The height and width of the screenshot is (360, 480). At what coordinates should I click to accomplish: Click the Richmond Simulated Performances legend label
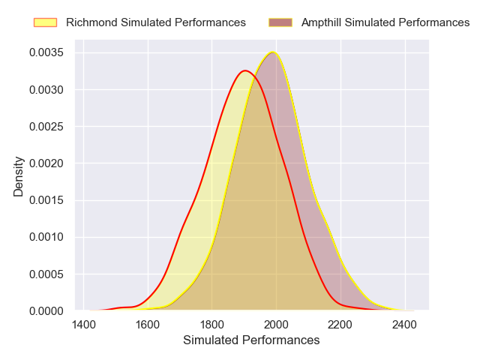click(155, 22)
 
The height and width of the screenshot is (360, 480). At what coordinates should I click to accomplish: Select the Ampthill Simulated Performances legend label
click(385, 22)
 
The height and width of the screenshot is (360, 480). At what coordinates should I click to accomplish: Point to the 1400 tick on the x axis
click(84, 325)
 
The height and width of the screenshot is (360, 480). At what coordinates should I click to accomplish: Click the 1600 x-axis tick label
click(148, 325)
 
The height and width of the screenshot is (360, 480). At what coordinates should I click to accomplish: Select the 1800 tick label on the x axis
click(212, 325)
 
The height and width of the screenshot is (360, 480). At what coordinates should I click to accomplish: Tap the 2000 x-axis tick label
click(276, 325)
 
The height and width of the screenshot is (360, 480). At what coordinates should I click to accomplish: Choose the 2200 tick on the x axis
click(340, 325)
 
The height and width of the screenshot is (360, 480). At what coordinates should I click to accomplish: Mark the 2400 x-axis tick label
click(404, 325)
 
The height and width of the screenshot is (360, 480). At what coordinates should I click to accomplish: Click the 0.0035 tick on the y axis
click(46, 52)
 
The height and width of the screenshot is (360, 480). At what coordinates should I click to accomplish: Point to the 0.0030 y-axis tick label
click(46, 89)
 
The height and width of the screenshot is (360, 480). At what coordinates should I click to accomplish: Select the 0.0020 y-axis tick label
click(46, 163)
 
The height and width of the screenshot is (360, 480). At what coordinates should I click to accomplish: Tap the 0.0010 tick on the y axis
click(46, 236)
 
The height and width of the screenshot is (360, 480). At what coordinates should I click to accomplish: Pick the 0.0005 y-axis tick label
click(46, 273)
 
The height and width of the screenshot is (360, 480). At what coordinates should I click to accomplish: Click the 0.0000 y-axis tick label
click(46, 310)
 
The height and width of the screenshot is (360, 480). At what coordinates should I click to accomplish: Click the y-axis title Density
click(19, 176)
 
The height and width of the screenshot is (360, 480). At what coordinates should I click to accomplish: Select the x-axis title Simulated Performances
click(251, 340)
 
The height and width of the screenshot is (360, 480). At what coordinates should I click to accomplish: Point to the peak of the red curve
click(244, 70)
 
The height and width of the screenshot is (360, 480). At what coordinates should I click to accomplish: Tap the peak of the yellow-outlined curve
click(273, 52)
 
